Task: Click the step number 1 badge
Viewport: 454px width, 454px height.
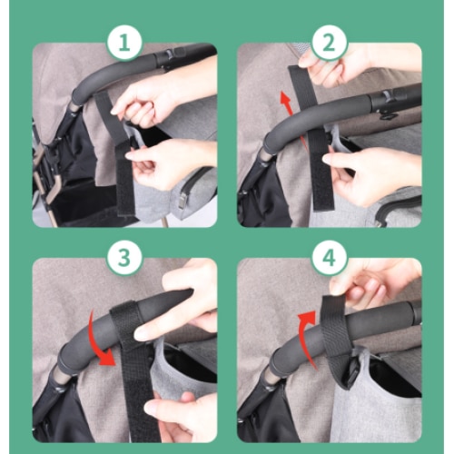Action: coord(124,43)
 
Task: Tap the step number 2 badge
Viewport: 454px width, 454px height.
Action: coord(330,43)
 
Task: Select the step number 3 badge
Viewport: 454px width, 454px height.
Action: coord(124,258)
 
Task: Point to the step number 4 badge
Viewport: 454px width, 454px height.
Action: coord(330,258)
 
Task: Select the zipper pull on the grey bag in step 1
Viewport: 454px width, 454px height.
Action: coord(181,202)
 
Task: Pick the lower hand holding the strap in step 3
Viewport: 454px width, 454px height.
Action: coord(179,416)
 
